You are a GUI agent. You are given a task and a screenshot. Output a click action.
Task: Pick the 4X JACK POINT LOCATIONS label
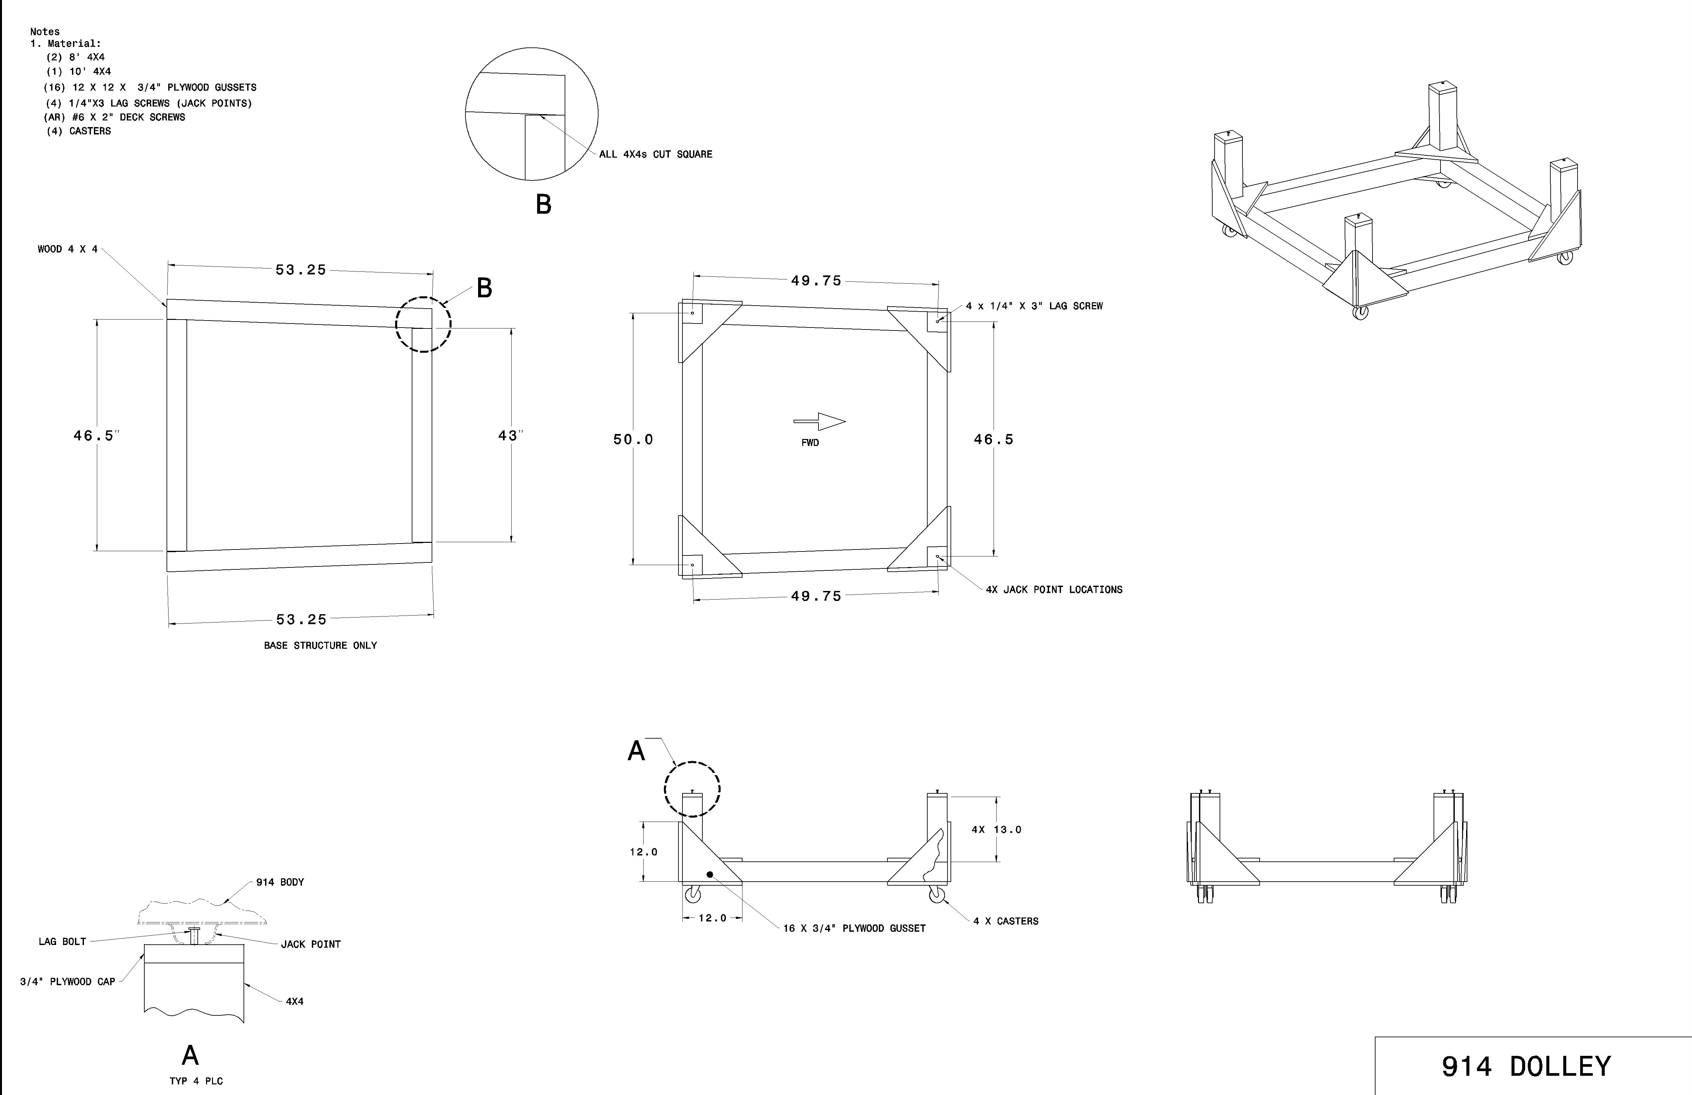(x=1054, y=589)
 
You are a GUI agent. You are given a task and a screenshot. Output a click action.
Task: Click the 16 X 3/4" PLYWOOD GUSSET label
(x=854, y=928)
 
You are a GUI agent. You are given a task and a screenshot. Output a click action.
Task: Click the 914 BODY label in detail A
(x=280, y=882)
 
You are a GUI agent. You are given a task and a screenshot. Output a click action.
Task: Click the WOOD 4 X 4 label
(x=68, y=250)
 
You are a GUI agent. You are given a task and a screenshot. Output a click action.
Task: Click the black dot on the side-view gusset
(x=710, y=874)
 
